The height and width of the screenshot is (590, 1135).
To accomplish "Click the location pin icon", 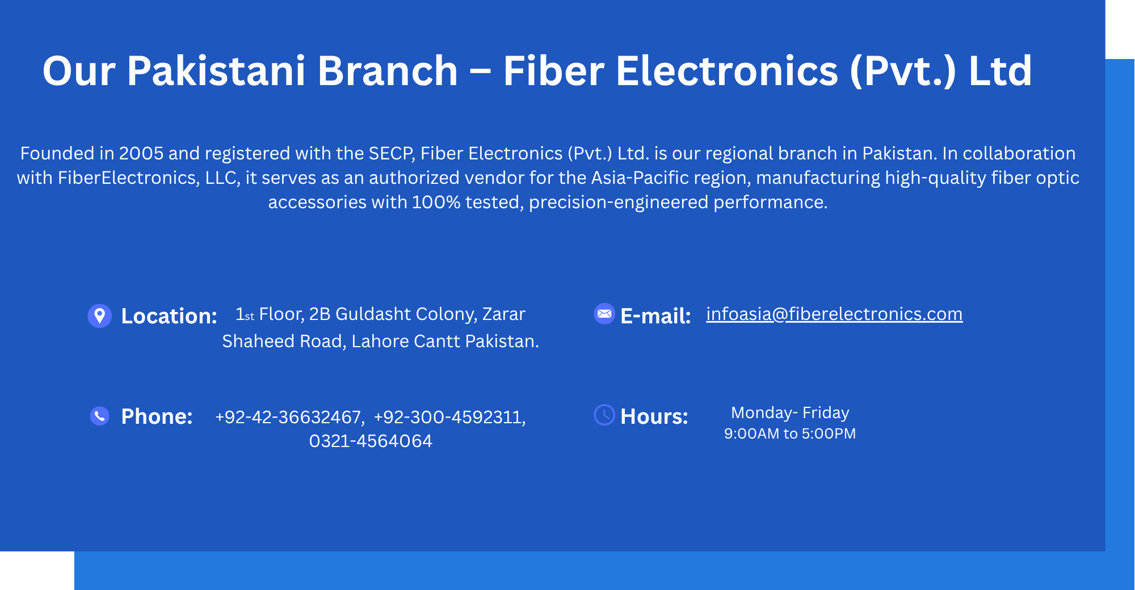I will coord(99,316).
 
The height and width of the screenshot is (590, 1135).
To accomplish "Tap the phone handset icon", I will coord(100,416).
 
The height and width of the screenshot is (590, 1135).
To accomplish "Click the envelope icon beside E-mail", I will coord(604,313).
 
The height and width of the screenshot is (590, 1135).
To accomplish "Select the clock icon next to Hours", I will coord(604,415).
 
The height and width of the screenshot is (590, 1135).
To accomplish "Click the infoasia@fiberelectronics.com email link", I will coord(834,314).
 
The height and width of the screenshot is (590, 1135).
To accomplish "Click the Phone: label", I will coord(157,416).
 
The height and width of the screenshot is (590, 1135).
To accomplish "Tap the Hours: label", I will coord(654,416).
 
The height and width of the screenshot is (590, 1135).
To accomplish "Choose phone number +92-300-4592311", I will coord(449,417).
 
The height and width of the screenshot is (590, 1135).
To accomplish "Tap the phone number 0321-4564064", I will coord(371,441).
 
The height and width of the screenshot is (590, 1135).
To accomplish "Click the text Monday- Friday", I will coord(790,412).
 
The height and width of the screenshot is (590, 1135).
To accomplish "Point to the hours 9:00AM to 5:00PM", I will coord(790,433).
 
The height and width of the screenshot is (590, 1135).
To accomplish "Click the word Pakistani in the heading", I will coord(216,71).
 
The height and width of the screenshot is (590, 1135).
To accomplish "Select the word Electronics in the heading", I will coord(727,71).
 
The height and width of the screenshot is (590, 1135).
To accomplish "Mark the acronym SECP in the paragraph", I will coord(392,153).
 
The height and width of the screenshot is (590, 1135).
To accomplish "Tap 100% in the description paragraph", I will coord(436,202).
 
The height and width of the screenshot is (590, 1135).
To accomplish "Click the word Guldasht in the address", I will coord(373,314).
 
